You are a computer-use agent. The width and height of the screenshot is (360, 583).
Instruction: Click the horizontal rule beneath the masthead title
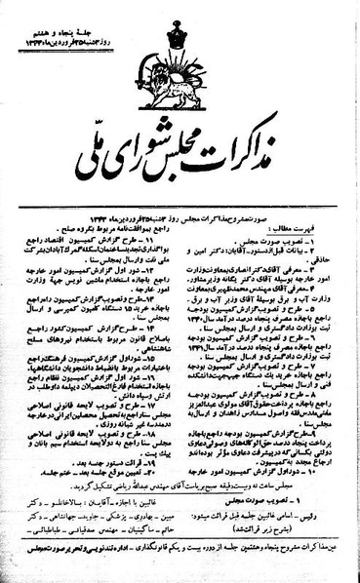180,201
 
